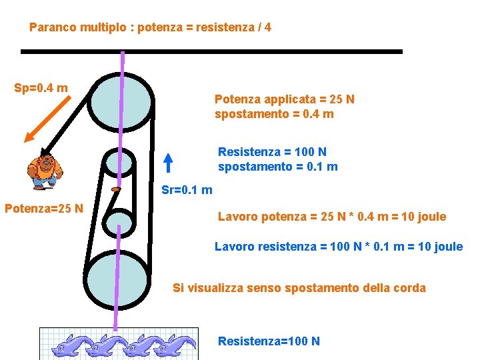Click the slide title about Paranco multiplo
(150, 28)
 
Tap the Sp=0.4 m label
(41, 88)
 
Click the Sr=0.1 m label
(187, 190)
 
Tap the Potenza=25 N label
(44, 208)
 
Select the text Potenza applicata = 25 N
(285, 99)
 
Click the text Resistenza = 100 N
(272, 153)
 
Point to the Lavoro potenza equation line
(332, 217)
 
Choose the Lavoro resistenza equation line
(338, 247)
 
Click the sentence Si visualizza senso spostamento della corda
(299, 288)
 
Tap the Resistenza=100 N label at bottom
(269, 341)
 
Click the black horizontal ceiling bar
(211, 51)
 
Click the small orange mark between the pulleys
(115, 190)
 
